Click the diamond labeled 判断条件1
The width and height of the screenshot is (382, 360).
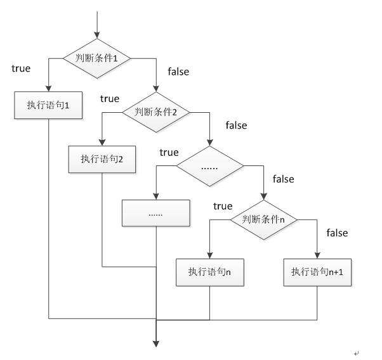tap(96, 58)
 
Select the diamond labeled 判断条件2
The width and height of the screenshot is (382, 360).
tap(155, 112)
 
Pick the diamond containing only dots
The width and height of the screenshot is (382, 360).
tap(209, 167)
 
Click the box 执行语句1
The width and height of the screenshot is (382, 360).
tap(48, 106)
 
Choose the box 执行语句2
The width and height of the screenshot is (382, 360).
tap(102, 159)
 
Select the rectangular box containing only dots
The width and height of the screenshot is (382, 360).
tap(155, 213)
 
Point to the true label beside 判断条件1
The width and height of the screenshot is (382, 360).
tap(21, 68)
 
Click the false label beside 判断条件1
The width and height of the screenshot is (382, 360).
tap(178, 72)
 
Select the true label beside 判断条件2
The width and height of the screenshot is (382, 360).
tap(110, 98)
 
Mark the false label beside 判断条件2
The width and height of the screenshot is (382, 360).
tap(236, 125)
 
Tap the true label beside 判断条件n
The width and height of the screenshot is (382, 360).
tap(223, 206)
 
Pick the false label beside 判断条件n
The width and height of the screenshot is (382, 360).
tap(338, 233)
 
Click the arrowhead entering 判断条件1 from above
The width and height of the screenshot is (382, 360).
tap(96, 35)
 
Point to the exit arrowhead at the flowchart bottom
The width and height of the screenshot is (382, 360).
tap(155, 344)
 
